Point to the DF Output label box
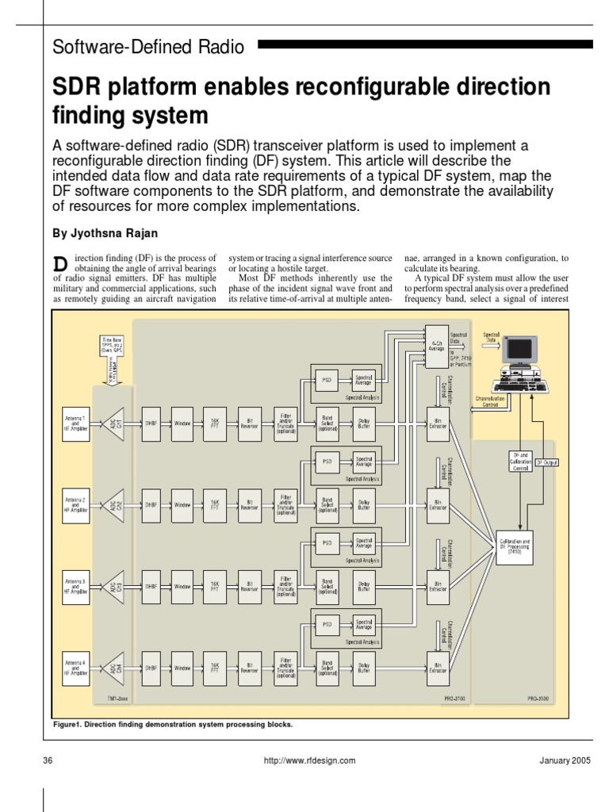coord(546,461)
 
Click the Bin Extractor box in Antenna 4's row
coord(437,665)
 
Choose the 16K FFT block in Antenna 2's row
coord(215,504)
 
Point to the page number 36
coord(48,760)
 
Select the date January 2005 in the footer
coord(565,760)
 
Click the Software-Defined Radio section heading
coord(148,47)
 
